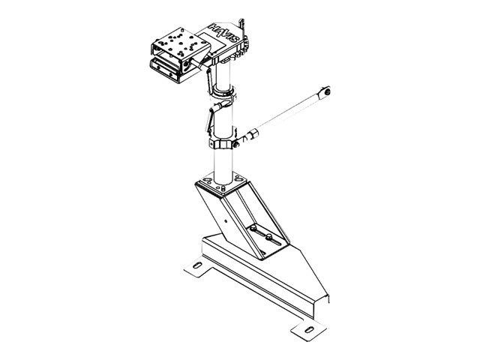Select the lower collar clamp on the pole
click(x=222, y=143)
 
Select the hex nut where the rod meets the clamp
click(x=244, y=139)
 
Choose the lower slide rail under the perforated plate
click(x=172, y=69)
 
